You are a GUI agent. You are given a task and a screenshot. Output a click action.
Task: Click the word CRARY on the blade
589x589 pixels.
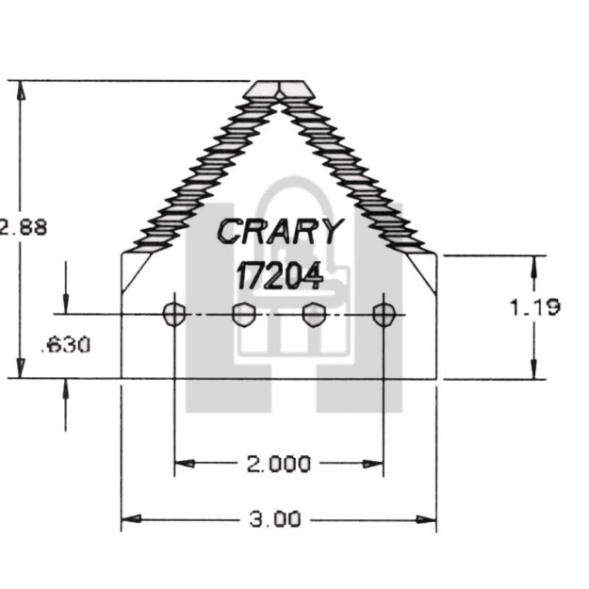[x=281, y=230]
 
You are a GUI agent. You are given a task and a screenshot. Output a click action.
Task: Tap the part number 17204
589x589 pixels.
[x=279, y=275]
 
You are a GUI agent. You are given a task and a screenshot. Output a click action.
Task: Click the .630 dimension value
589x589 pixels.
[x=66, y=345]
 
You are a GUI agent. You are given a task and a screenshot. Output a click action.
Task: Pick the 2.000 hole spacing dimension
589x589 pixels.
[x=278, y=464]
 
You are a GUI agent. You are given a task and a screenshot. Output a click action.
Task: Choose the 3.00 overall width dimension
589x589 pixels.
[x=278, y=519]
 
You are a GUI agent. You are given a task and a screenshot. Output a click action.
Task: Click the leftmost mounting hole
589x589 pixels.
[x=174, y=314]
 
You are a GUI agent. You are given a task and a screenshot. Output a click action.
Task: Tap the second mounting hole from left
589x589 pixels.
[x=243, y=314]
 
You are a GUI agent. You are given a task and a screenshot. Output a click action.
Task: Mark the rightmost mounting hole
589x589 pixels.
[x=383, y=314]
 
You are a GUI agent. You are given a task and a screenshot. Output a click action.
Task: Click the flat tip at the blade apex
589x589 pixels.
[x=279, y=88]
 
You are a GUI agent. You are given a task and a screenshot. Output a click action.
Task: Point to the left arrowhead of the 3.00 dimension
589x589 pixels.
[x=129, y=519]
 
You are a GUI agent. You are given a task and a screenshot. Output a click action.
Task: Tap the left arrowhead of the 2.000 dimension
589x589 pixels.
[x=183, y=464]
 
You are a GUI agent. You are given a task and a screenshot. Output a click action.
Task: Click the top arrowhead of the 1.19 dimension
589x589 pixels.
[x=533, y=263]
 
